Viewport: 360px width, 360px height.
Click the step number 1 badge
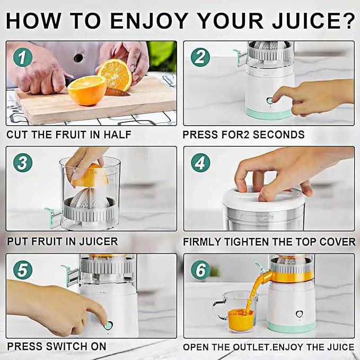(23, 57)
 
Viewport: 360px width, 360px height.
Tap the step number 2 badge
(200, 57)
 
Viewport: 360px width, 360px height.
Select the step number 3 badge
(23, 163)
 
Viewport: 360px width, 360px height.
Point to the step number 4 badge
(200, 163)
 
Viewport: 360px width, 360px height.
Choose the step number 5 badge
(23, 270)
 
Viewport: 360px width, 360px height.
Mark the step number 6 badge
(200, 270)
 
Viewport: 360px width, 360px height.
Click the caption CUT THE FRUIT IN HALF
(68, 135)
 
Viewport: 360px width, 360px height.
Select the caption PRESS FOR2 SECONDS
(243, 135)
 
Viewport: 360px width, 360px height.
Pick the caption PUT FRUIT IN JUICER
(62, 241)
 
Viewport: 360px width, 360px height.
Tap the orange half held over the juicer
(91, 175)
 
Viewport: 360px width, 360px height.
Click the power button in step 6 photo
(299, 314)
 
